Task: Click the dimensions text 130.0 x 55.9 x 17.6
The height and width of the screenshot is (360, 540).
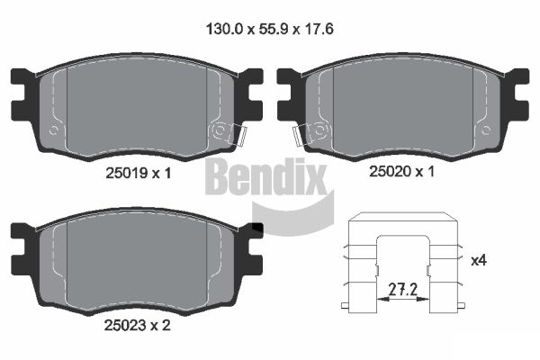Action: [x=270, y=28]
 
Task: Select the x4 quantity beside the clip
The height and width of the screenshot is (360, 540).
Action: [x=481, y=260]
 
